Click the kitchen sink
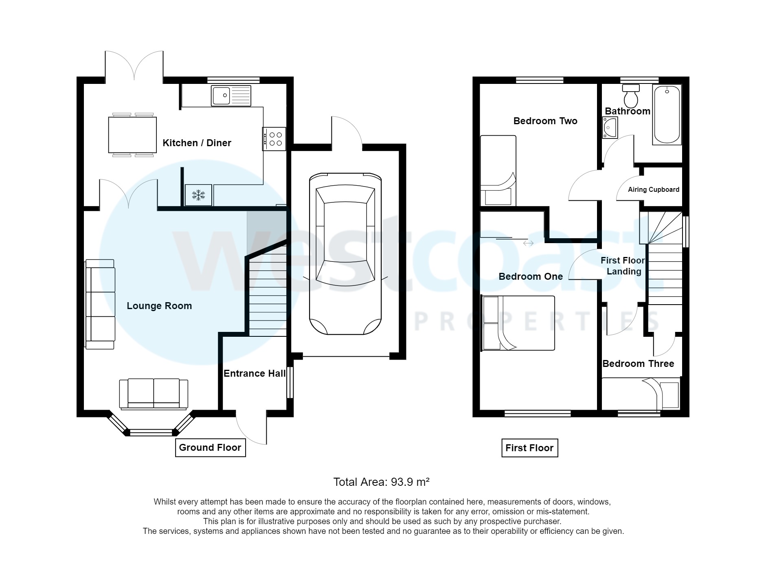point(230,96)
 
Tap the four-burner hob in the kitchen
point(274,139)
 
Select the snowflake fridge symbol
point(198,195)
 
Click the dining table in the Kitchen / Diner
point(132,134)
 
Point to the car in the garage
point(345,254)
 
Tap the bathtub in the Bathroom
point(666,114)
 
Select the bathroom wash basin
point(610,127)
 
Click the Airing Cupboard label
point(653,189)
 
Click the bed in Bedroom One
point(518,323)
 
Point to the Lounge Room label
point(159,306)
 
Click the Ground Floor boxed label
point(210,448)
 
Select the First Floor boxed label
point(529,448)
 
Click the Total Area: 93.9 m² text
point(382,482)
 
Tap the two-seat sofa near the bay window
point(154,393)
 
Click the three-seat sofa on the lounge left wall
point(100,304)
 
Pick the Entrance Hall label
point(255,373)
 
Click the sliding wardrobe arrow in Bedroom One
point(528,243)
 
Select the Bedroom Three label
point(638,364)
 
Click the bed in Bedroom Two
point(498,171)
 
